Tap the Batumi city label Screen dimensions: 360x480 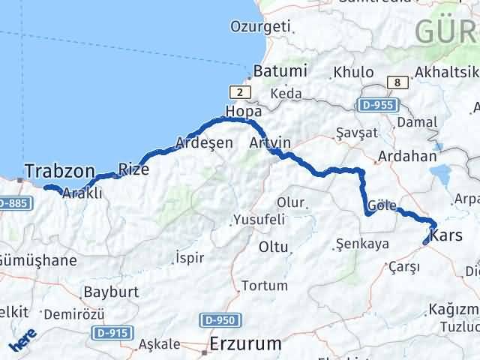pos(280,72)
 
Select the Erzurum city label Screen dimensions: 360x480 pos(246,344)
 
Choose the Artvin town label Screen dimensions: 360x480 pos(271,142)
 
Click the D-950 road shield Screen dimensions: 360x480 pos(220,320)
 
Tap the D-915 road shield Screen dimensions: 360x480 pos(112,332)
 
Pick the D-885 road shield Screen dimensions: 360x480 pos(12,203)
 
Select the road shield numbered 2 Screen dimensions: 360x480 pos(239,91)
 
